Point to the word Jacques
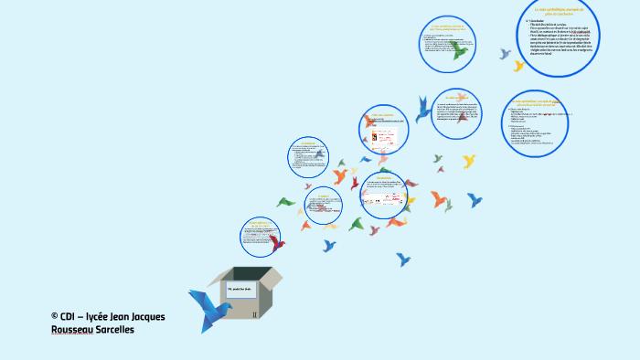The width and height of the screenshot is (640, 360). [x=144, y=316]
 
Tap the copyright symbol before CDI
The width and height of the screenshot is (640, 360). [x=55, y=316]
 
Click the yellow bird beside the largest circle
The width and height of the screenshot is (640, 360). [x=518, y=66]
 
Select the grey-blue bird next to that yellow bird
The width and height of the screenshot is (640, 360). [x=504, y=54]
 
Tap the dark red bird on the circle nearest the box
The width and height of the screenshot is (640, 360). [x=276, y=242]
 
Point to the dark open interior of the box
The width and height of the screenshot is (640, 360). [x=245, y=274]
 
